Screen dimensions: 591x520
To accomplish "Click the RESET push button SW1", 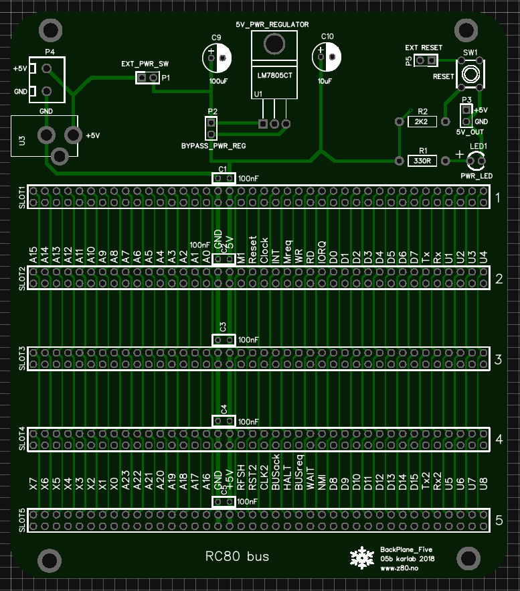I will click(470, 72).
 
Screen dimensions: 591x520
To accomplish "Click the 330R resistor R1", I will click(422, 161).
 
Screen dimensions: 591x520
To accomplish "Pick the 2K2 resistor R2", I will click(422, 122).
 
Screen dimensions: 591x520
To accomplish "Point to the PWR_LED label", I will click(476, 176).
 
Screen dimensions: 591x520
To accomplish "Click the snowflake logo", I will click(362, 557).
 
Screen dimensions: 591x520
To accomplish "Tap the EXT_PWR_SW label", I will click(145, 64).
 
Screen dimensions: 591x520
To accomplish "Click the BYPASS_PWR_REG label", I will click(213, 145).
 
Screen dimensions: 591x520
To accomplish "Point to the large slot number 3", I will click(498, 360).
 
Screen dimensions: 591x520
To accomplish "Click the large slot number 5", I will click(498, 521).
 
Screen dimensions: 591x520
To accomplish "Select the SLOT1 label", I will click(21, 197).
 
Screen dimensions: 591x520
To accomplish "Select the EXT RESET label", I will click(424, 48).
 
